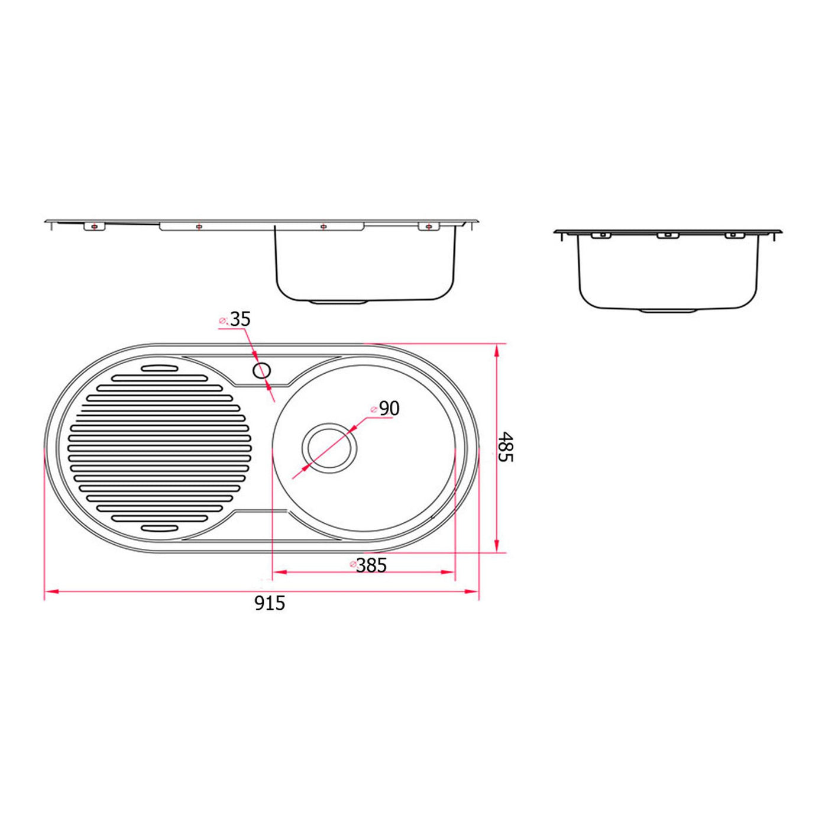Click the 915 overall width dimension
pos(270,604)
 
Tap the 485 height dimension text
pos(505,447)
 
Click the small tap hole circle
pos(262,370)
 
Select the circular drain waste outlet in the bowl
pos(329,448)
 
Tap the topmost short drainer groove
pos(160,368)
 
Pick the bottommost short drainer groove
pos(160,528)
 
